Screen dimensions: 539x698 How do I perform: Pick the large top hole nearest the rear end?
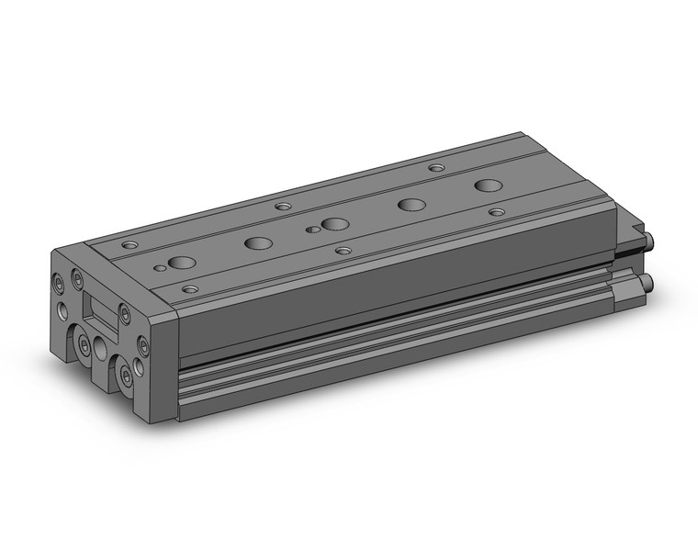[x=489, y=185]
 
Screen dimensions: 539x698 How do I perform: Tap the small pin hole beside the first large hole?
[x=163, y=268]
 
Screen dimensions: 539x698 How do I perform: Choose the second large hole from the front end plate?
[x=259, y=243]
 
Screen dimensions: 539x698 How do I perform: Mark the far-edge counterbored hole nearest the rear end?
[x=437, y=169]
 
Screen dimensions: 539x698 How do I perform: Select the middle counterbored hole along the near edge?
[x=343, y=250]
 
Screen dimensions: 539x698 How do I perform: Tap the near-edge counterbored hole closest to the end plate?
[x=190, y=289]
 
